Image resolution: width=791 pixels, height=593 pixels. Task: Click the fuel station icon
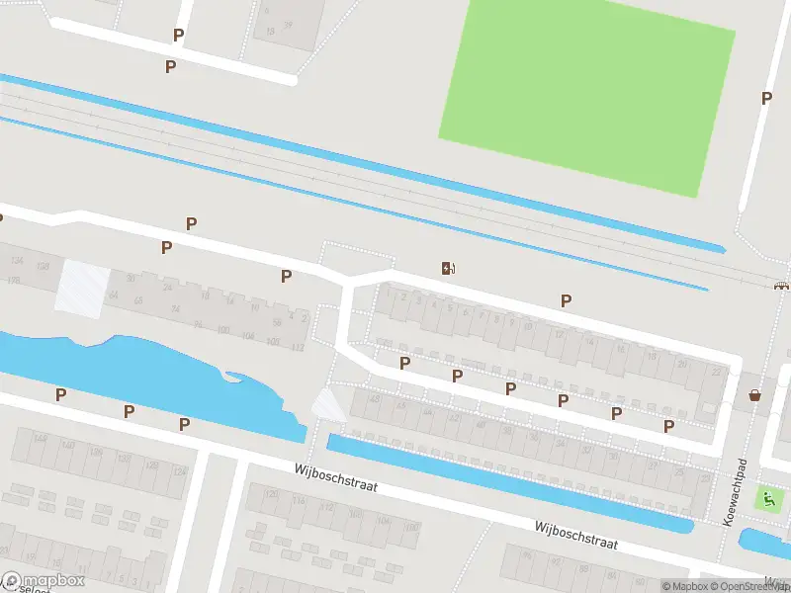448,267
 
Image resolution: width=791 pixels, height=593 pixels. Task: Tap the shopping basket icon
755,395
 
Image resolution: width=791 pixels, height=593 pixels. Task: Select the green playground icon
765,498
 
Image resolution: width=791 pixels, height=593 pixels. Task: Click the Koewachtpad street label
734,494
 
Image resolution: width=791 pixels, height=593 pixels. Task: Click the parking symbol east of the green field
766,98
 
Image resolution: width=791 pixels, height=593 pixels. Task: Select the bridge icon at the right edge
781,286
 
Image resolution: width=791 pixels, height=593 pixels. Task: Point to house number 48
373,398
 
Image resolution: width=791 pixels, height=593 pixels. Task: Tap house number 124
180,472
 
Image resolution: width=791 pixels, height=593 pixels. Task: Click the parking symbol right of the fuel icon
566,300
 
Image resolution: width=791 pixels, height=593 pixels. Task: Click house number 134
16,260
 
